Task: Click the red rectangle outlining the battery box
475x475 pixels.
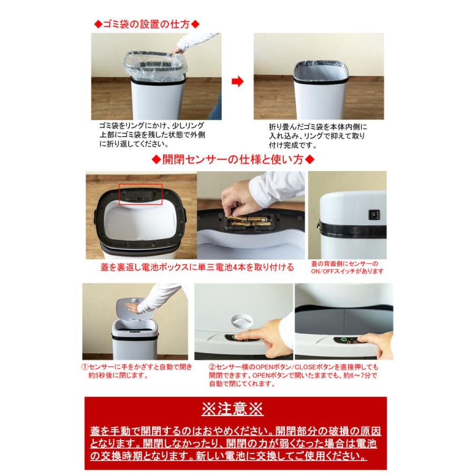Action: coord(140,193)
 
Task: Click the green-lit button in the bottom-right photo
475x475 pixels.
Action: coord(343,340)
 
